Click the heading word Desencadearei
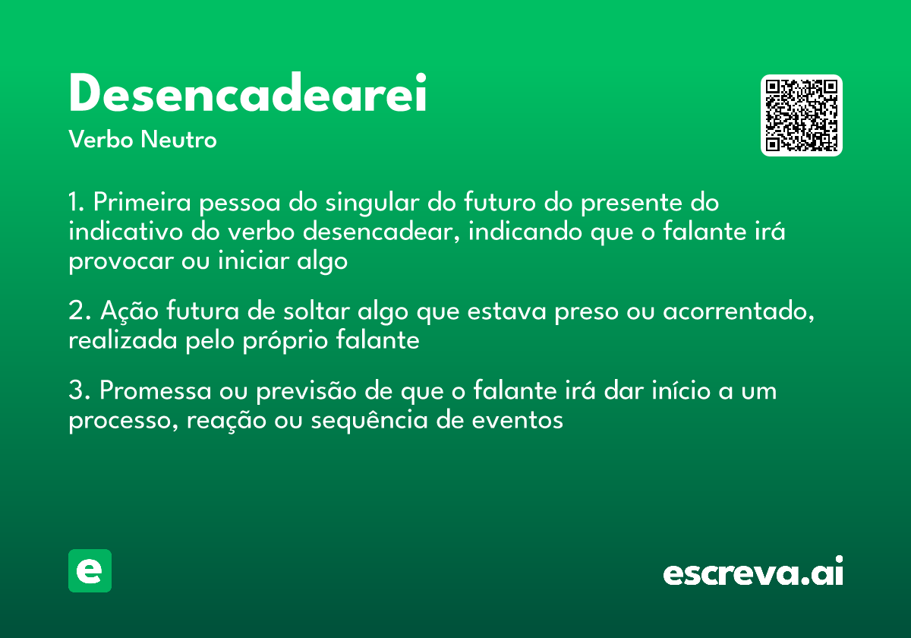pos(247,95)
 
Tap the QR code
pos(801,115)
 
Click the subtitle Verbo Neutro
pos(143,141)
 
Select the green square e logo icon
pos(90,570)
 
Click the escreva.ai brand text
pos(753,573)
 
